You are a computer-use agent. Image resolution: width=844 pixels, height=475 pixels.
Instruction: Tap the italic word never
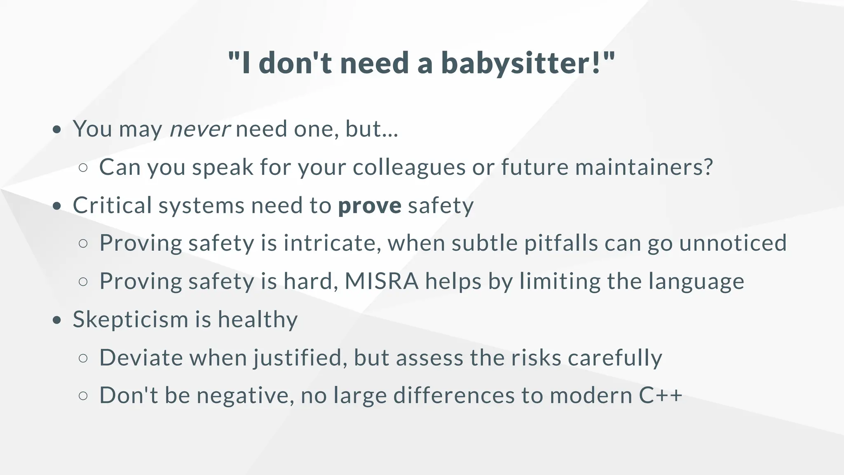[200, 129]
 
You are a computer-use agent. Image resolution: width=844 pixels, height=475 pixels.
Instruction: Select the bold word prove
[370, 205]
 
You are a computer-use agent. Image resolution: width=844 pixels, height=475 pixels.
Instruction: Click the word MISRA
[382, 282]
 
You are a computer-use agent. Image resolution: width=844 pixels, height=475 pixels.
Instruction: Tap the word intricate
[332, 243]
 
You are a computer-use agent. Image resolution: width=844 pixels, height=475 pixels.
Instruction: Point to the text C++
[661, 396]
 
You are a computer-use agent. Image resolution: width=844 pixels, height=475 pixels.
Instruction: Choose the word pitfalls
[561, 243]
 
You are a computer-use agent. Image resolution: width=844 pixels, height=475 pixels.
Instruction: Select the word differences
[454, 396]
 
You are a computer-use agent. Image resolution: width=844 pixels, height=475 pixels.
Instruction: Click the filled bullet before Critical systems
[57, 206]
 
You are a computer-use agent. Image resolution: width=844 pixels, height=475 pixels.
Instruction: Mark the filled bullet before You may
[57, 129]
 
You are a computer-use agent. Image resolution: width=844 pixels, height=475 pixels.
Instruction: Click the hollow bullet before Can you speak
[83, 168]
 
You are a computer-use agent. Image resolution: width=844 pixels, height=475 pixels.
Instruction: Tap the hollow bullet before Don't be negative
[83, 396]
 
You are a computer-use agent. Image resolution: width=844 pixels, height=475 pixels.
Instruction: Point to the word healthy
[258, 320]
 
